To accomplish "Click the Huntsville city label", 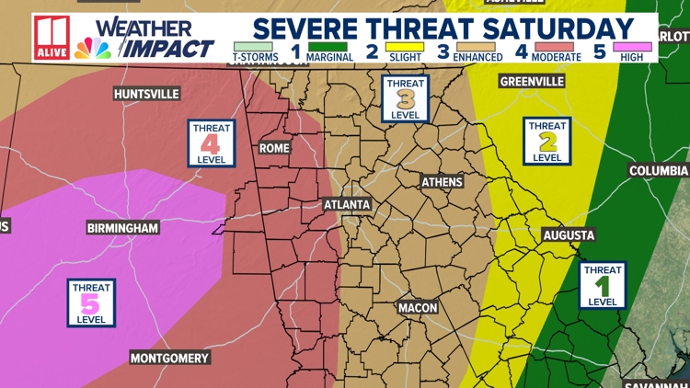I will coord(146,94).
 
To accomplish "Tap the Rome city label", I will coord(275,148).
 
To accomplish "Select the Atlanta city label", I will coord(347,204).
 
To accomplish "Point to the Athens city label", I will coord(442,182).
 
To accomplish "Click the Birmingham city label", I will coord(122,227).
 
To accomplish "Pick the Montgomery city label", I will coord(169,358).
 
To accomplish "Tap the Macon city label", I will coord(418,307).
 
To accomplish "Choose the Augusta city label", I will coord(569,235).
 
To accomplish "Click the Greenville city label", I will coord(532,82).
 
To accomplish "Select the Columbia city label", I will coord(658,171).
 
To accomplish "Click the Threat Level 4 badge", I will coord(211,143).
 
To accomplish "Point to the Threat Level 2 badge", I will coord(547,141).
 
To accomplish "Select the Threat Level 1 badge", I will coord(603,285).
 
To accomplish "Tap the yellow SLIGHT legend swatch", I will coord(404,46).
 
